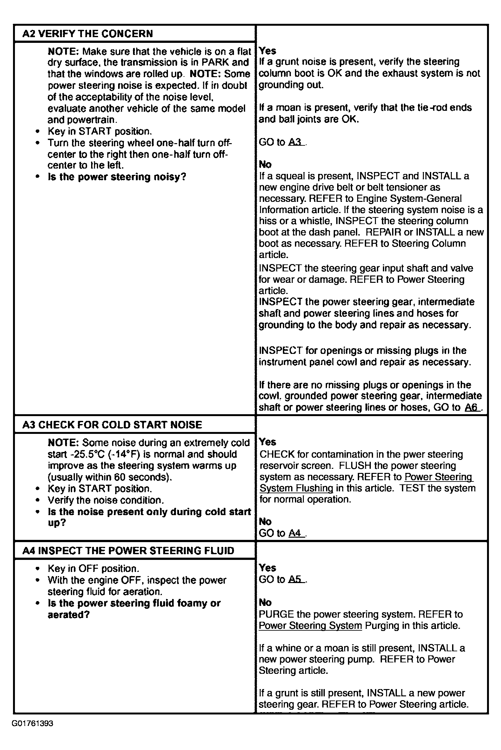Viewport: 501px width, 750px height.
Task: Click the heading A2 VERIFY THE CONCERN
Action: tap(88, 34)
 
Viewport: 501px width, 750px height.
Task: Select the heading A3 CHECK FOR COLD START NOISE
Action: tap(112, 425)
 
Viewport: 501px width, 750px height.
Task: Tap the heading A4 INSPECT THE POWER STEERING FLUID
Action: tap(128, 551)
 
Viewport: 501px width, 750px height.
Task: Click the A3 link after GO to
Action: tap(296, 142)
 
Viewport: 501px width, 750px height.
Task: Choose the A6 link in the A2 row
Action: tap(472, 407)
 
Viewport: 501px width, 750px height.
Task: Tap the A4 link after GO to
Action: tap(296, 533)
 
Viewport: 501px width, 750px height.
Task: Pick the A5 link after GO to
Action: tap(296, 580)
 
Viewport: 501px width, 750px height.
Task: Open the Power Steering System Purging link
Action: tap(310, 626)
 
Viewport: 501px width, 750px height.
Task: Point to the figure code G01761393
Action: tap(33, 723)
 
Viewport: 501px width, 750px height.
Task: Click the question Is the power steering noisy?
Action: tap(117, 177)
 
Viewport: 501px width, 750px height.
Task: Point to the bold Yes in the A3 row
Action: tap(267, 442)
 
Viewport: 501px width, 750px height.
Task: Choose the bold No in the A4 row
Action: tap(265, 602)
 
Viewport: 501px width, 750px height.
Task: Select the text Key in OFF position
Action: tap(93, 568)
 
